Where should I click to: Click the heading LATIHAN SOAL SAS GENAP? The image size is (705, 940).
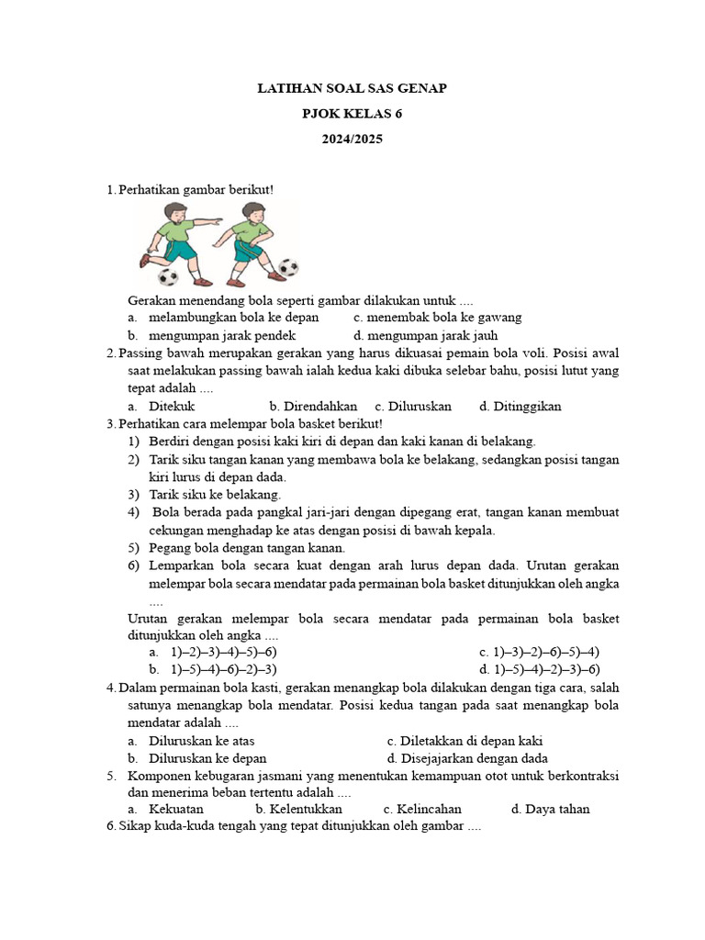coord(352,88)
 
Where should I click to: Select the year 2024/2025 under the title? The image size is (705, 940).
coord(352,140)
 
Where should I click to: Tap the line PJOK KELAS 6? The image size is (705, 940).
coord(352,114)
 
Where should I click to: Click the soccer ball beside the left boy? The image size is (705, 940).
coord(168,276)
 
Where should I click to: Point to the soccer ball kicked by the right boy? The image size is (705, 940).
coord(288,268)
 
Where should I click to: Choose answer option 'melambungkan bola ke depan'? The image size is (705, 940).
coord(233,318)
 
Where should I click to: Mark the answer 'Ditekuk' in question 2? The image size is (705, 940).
coord(172,406)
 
